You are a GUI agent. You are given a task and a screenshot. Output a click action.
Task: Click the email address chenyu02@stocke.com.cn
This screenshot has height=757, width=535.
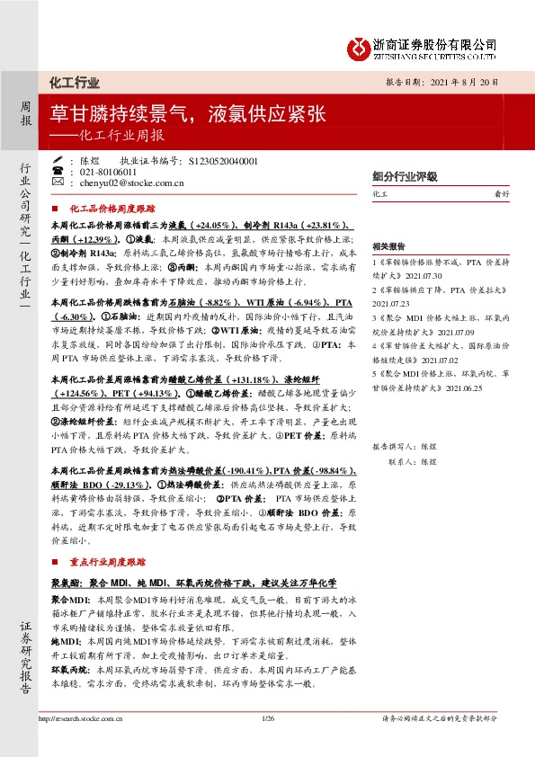(x=133, y=183)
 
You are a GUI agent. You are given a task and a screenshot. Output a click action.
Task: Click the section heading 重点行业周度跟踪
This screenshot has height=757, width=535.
(x=111, y=561)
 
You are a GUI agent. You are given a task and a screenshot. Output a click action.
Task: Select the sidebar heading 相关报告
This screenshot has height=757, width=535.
(x=388, y=245)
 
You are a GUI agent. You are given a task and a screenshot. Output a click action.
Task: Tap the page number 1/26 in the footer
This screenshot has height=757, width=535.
(x=266, y=719)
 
